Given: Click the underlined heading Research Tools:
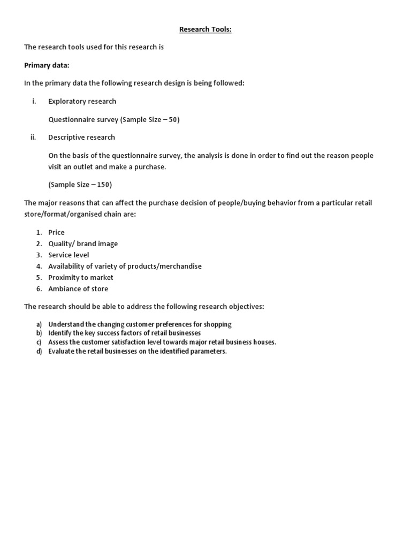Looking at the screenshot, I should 205,29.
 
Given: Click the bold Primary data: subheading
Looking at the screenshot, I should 47,65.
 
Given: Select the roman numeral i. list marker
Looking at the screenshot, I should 34,101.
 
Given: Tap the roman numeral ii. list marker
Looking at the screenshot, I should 33,137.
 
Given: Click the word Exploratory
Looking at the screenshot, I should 66,101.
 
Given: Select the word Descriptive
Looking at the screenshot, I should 66,137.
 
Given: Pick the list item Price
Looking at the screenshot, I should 56,232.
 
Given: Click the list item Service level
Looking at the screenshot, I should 68,255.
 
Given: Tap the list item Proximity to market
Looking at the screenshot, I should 81,277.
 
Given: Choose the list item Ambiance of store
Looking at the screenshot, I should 78,288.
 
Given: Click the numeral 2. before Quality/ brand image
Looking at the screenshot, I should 39,243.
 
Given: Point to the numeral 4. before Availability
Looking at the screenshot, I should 39,266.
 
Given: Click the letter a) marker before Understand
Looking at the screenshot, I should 39,324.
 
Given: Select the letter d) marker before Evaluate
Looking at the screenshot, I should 39,351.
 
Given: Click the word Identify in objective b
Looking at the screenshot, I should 60,333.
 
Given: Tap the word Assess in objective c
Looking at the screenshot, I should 58,342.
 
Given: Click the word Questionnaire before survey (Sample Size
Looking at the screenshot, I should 72,119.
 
